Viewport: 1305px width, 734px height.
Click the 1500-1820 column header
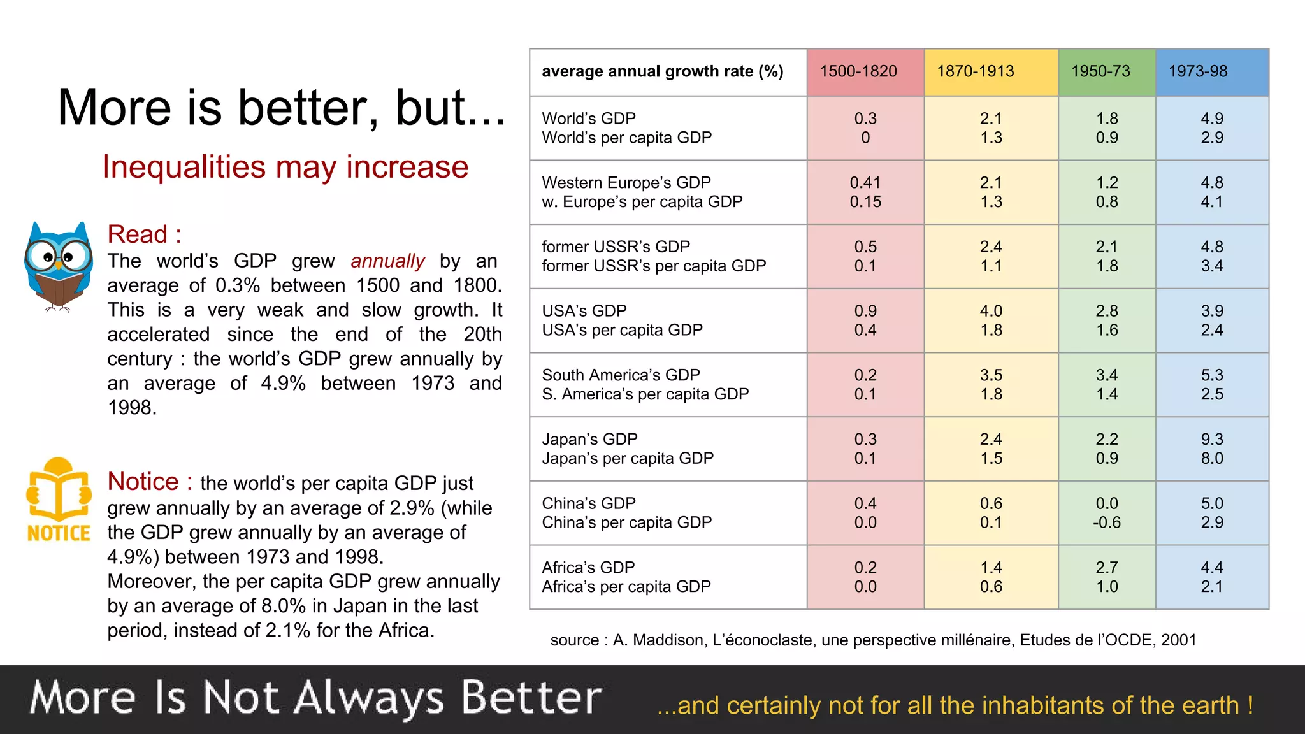click(858, 71)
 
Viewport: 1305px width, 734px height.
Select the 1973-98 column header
click(1198, 71)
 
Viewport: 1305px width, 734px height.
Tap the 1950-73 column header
click(1100, 71)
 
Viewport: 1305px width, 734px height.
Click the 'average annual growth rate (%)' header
click(663, 71)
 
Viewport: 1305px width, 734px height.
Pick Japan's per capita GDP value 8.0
click(1211, 459)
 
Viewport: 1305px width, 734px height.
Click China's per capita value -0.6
click(1106, 522)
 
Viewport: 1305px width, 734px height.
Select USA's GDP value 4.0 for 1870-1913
click(991, 311)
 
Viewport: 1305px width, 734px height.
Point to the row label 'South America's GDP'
click(621, 375)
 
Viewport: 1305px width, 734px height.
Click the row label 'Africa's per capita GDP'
click(626, 587)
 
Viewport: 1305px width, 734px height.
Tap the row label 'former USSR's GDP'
click(616, 247)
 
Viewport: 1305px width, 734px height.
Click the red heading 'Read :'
click(144, 234)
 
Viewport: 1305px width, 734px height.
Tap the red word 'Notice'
click(143, 482)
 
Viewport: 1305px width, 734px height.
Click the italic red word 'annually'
click(387, 261)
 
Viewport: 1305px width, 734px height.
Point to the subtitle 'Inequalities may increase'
click(285, 167)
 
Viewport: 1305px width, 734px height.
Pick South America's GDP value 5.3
click(1211, 375)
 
